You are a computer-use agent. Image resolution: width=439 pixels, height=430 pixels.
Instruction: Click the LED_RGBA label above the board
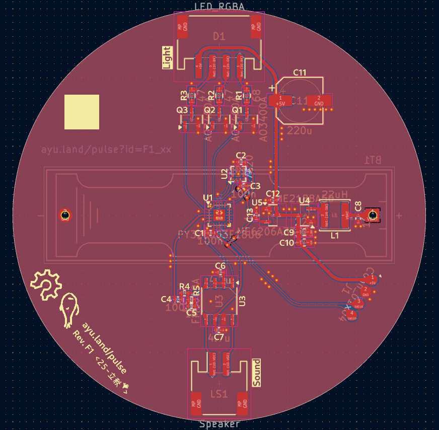[x=219, y=7]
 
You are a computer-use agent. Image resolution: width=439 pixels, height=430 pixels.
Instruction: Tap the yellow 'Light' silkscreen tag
[x=166, y=57]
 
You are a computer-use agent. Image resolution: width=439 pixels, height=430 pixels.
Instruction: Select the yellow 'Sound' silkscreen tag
[x=256, y=373]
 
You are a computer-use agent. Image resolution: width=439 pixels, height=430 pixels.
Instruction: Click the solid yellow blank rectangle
[x=82, y=112]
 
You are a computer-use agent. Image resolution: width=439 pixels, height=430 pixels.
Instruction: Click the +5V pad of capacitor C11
[x=279, y=101]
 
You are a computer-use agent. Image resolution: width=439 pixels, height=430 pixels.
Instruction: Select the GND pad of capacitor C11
[x=318, y=101]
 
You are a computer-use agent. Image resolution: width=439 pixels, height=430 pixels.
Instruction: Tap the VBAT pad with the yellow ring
[x=373, y=216]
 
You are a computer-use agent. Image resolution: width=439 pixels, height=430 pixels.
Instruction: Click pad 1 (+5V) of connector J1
[x=372, y=279]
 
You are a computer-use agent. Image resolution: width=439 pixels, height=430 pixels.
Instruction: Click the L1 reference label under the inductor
[x=335, y=235]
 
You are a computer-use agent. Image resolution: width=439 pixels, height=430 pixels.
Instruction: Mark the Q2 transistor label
[x=209, y=110]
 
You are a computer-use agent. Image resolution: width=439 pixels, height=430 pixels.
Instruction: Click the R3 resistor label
[x=184, y=95]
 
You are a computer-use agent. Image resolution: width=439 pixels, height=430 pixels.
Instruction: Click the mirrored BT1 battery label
[x=373, y=160]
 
